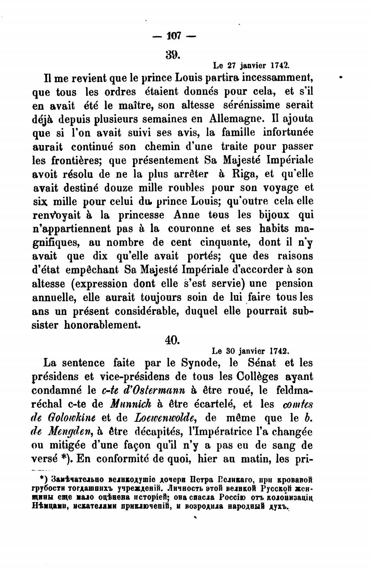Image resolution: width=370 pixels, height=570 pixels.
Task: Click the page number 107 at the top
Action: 174,35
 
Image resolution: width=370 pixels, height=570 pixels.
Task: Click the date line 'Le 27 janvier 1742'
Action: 251,66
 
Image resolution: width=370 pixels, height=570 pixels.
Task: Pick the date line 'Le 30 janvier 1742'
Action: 250,351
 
